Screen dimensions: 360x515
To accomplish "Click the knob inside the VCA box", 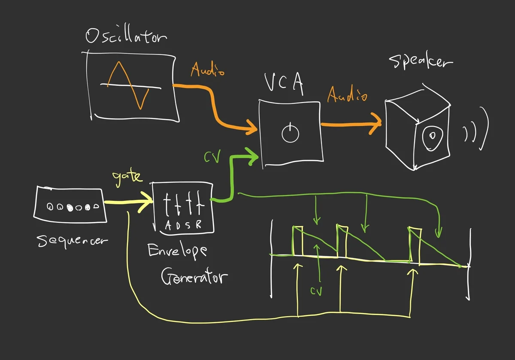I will click(290, 133).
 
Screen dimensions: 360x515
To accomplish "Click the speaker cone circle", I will click(432, 137).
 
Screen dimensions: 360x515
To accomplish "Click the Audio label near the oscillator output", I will click(207, 69).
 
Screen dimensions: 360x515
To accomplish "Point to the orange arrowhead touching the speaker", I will click(376, 123).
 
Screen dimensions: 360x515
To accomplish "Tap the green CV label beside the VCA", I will click(212, 158).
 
